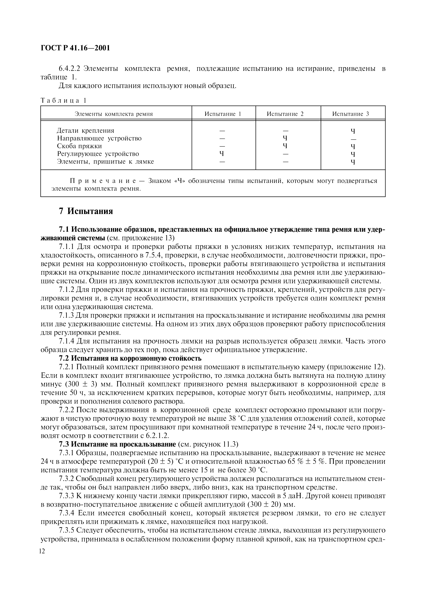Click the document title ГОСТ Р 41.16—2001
[x=75, y=48]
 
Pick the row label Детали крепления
[x=86, y=130]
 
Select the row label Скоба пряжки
[x=79, y=146]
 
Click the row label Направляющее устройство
[x=99, y=138]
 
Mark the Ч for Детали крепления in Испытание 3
[x=353, y=131]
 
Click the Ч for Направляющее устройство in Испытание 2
[x=285, y=138]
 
